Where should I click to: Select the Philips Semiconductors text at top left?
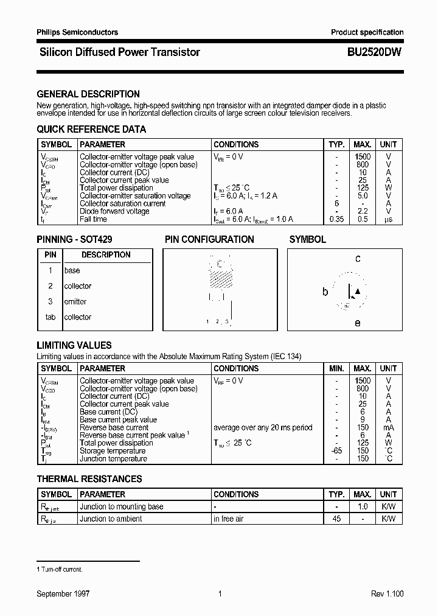point(77,32)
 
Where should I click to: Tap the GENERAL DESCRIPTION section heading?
point(88,94)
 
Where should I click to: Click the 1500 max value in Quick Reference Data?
point(363,157)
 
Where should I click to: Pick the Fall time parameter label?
point(93,219)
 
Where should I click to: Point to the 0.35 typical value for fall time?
point(336,219)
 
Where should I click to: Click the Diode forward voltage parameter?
point(114,211)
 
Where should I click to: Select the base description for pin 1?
point(72,270)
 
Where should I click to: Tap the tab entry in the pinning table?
point(50,317)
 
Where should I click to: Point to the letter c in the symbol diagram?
point(358,259)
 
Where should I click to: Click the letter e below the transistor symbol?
point(357,323)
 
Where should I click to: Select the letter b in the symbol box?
point(325,292)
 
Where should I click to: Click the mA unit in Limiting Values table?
point(388,427)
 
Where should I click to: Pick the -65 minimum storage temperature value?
point(336,451)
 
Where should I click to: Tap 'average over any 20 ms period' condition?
point(262,427)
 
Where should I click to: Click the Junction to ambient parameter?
point(111,519)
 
